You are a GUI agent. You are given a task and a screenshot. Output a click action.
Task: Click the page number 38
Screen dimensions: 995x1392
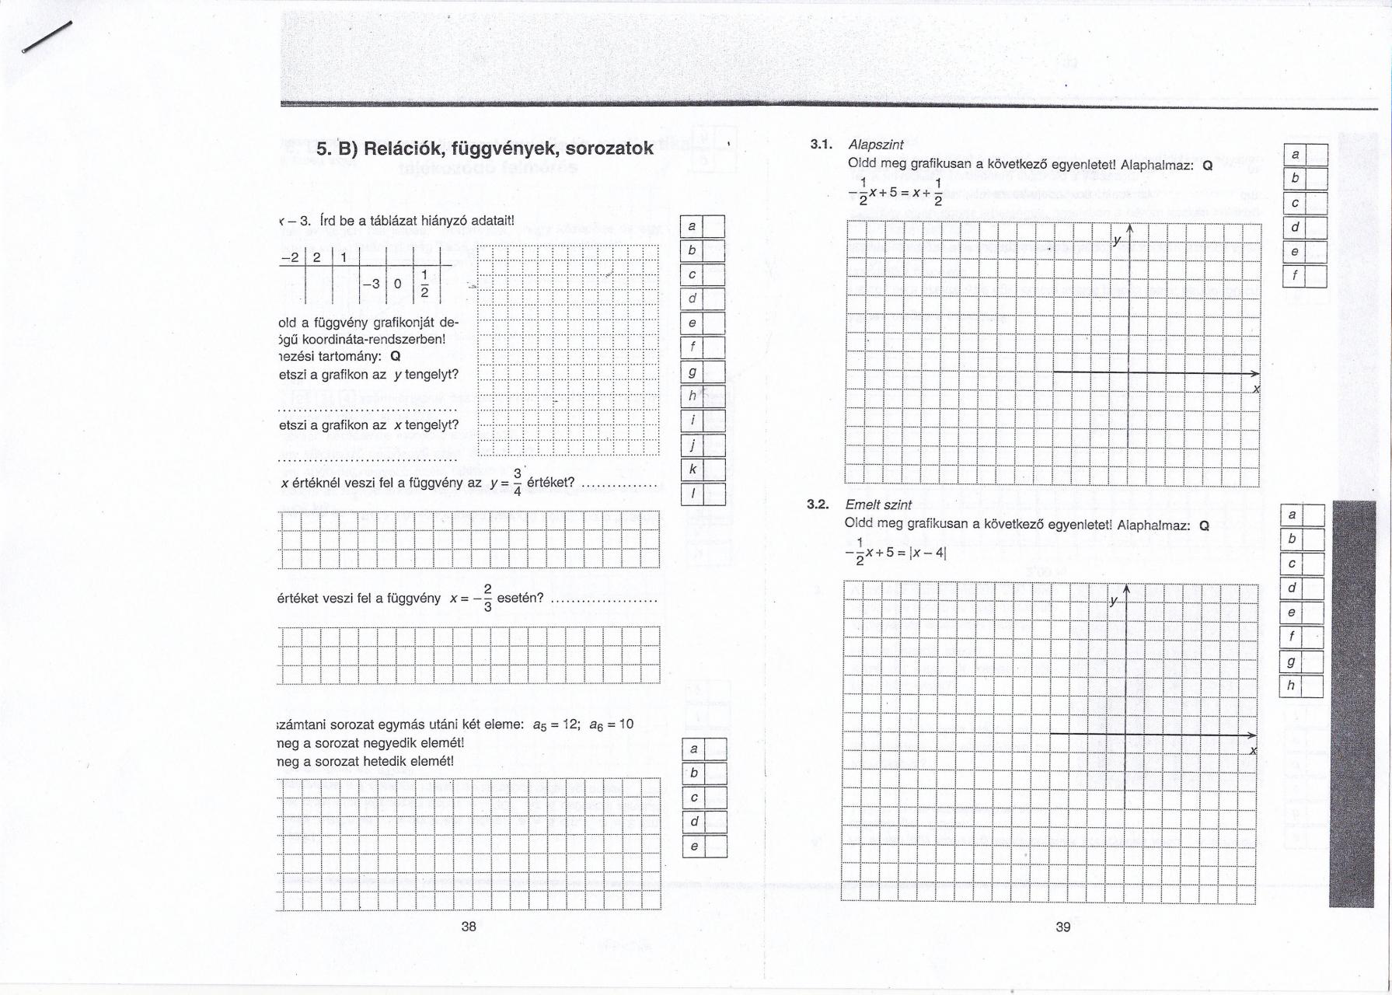coord(469,926)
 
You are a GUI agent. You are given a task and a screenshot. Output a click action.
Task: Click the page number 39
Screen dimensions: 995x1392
coord(1063,927)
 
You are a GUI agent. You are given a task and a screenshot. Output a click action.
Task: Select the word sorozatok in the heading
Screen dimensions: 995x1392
coord(609,148)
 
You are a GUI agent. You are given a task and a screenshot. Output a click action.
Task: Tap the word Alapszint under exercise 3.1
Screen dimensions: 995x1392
coord(876,145)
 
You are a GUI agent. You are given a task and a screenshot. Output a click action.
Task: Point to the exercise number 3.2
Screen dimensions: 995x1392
coord(819,504)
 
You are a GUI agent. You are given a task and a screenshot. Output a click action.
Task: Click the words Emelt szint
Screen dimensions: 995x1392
coord(878,504)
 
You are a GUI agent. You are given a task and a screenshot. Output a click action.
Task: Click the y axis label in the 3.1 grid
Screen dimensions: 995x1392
coord(1117,241)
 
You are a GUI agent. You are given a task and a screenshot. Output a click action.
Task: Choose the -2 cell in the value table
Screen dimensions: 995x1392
coord(291,257)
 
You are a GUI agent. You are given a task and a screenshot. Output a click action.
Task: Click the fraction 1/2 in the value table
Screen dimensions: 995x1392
coord(424,284)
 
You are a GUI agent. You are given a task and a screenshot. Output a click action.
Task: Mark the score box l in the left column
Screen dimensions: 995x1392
coord(693,494)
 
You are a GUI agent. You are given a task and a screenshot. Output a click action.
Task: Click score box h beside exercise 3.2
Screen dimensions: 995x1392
coord(1291,686)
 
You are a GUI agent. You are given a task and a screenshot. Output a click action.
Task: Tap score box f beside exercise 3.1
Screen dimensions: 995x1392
coord(1295,276)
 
